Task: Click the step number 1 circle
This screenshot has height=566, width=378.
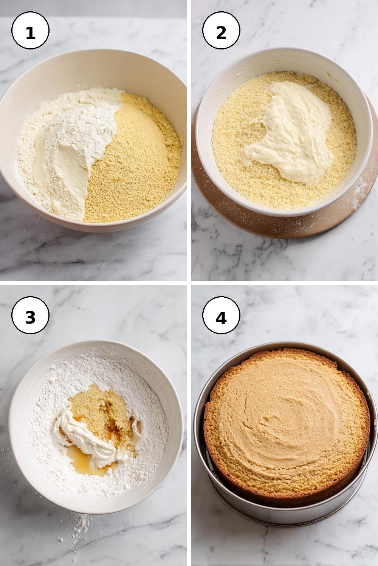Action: (30, 30)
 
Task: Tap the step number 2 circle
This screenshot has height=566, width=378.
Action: (221, 30)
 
